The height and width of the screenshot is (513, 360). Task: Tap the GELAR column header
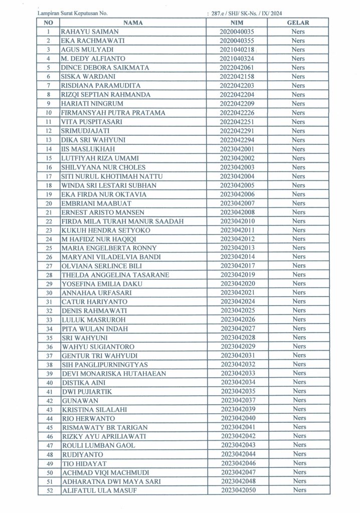pos(298,23)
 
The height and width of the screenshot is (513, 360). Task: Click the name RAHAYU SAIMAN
pos(82,32)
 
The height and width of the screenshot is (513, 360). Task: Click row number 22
pos(49,221)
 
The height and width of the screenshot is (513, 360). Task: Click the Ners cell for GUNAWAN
pos(298,400)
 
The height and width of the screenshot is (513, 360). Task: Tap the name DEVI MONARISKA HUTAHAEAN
pos(107,374)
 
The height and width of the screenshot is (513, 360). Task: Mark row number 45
pos(49,427)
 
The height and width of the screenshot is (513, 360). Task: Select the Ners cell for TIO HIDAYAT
pos(298,463)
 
